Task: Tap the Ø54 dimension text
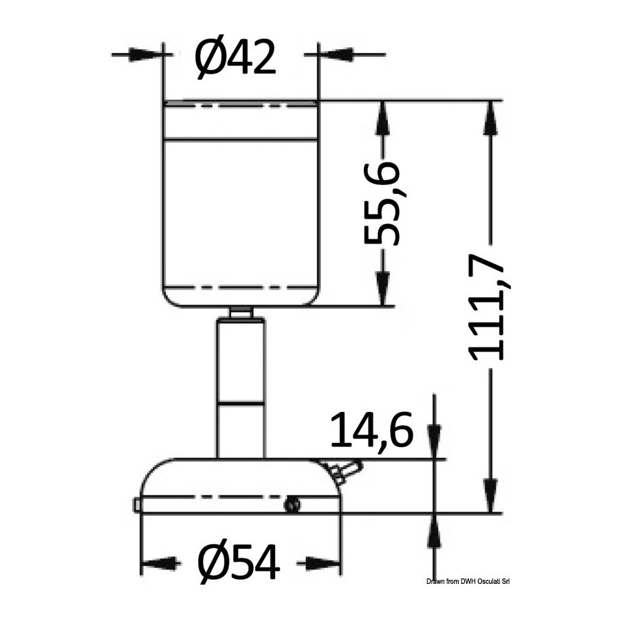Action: (x=239, y=562)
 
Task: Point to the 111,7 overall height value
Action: (x=485, y=308)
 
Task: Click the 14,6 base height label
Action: (x=372, y=430)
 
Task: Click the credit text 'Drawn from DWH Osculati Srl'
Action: (x=468, y=581)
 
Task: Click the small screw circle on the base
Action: (x=292, y=506)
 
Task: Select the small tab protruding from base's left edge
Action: (x=137, y=506)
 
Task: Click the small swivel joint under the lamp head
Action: (x=241, y=313)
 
